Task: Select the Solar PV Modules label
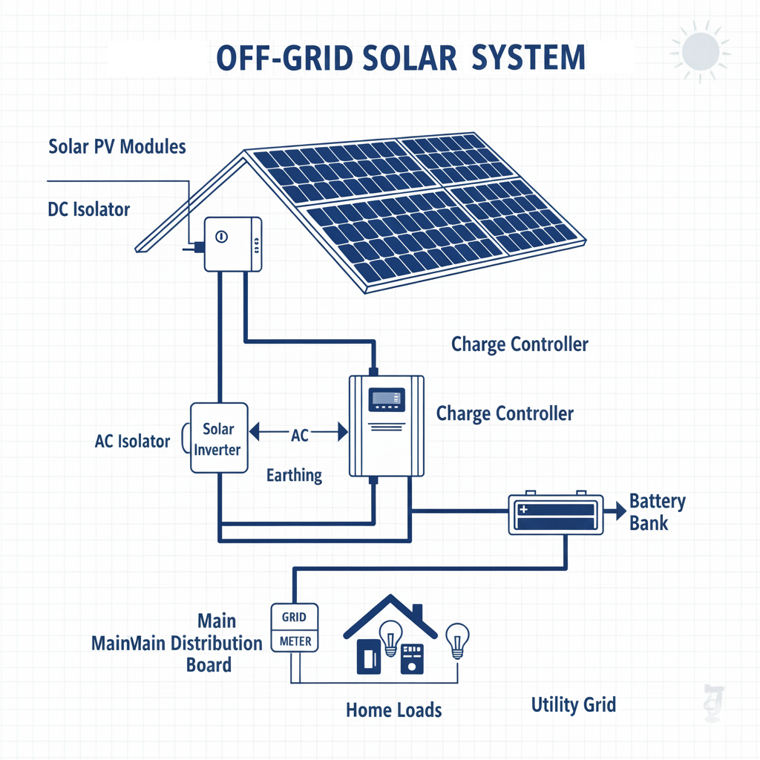pos(117,145)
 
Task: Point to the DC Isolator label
pos(88,209)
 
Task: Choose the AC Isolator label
pos(133,442)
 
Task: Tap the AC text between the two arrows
pos(299,436)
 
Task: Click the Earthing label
pos(294,475)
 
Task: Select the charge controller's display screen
pos(387,399)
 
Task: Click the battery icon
pos(555,513)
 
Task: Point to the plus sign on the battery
pos(523,510)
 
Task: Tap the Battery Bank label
pos(657,511)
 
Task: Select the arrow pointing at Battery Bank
pos(615,511)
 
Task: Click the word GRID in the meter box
pos(293,616)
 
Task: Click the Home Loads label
pos(393,710)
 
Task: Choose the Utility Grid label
pos(574,704)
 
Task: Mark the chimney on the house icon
pos(416,613)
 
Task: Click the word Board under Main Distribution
pos(209,664)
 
